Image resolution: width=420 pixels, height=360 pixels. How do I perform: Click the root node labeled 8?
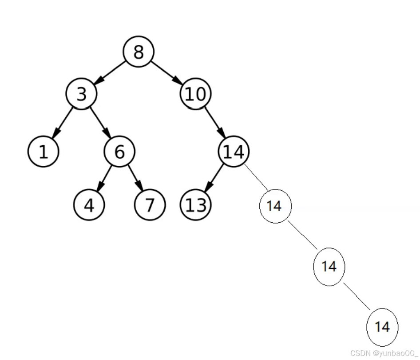[x=139, y=52]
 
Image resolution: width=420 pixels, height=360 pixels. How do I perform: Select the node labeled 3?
[x=81, y=94]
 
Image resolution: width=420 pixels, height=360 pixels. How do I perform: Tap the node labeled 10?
[x=195, y=94]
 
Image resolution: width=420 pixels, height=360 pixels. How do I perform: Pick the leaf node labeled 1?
[x=43, y=152]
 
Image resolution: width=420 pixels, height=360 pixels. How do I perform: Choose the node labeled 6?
[x=119, y=152]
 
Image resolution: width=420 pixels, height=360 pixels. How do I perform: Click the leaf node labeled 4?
[x=89, y=205]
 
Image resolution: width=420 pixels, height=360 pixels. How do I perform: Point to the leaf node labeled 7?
[x=150, y=205]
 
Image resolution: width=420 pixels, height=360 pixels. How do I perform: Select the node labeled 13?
[x=195, y=205]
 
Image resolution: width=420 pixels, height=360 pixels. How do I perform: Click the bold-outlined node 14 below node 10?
[x=234, y=152]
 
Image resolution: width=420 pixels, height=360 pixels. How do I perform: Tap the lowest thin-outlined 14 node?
[x=382, y=327]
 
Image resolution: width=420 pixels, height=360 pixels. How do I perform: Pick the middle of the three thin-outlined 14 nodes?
[x=329, y=267]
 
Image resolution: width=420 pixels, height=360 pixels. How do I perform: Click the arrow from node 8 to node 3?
[x=110, y=73]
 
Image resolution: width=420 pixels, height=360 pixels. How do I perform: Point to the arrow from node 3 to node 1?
[x=63, y=123]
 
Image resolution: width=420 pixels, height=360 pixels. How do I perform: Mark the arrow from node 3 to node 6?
[x=100, y=123]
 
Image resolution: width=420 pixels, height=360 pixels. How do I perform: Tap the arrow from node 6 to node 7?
[x=135, y=179]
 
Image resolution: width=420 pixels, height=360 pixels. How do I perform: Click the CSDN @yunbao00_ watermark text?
[x=384, y=353]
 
